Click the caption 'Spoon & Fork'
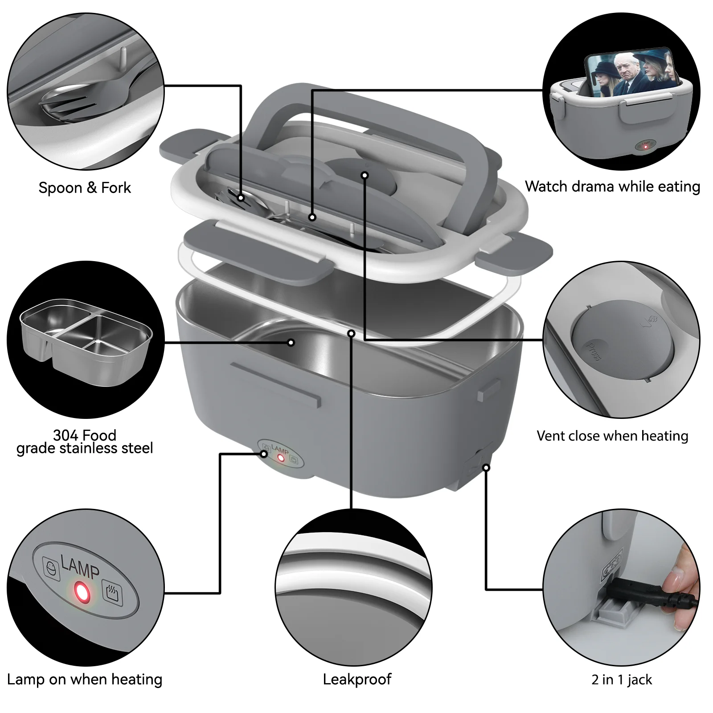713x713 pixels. [x=85, y=188]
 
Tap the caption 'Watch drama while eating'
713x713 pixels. [x=612, y=186]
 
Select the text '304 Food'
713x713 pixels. [x=85, y=434]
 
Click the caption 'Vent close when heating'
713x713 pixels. [x=612, y=435]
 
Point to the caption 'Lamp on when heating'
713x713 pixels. [x=85, y=679]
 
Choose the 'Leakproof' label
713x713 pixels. [x=357, y=679]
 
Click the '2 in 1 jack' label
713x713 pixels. [x=622, y=680]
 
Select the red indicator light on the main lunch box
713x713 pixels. [x=281, y=458]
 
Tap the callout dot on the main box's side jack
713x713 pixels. [x=486, y=467]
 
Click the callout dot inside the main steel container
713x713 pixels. [x=291, y=342]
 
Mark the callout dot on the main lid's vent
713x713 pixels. [x=365, y=175]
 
